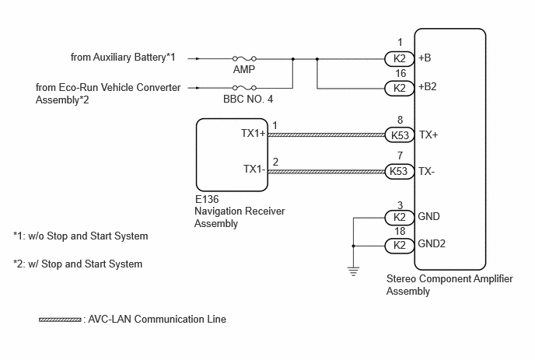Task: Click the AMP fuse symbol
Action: pos(244,58)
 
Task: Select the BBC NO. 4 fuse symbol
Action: pos(244,88)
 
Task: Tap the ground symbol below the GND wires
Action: pos(354,271)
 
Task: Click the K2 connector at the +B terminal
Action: pos(399,58)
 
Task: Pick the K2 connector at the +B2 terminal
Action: pos(399,88)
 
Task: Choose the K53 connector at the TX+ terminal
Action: pos(399,135)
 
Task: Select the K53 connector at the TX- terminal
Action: pos(399,171)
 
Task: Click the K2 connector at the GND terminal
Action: pos(399,218)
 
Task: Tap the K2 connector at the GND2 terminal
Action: pos(399,246)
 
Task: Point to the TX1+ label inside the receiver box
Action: pos(254,133)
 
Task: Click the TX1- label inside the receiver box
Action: pos(254,169)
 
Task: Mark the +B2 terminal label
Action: pos(428,86)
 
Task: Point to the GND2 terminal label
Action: pos(432,243)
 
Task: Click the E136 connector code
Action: pos(207,199)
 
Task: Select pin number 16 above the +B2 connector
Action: pos(400,73)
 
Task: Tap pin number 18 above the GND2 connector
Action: pos(400,232)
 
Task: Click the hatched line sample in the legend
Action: pos(60,320)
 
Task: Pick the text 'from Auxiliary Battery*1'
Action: pos(123,57)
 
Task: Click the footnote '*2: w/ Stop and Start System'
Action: pos(78,264)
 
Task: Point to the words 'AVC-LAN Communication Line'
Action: pos(157,319)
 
